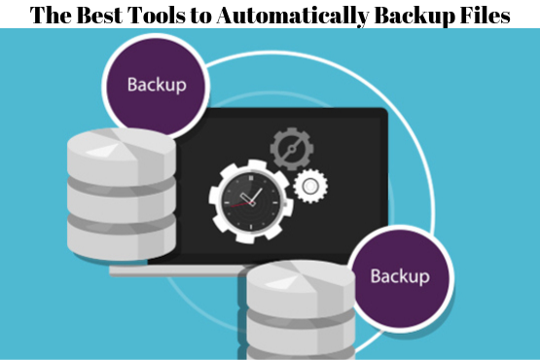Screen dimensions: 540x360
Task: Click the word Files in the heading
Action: [x=484, y=15]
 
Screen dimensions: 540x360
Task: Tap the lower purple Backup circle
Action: [x=400, y=274]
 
